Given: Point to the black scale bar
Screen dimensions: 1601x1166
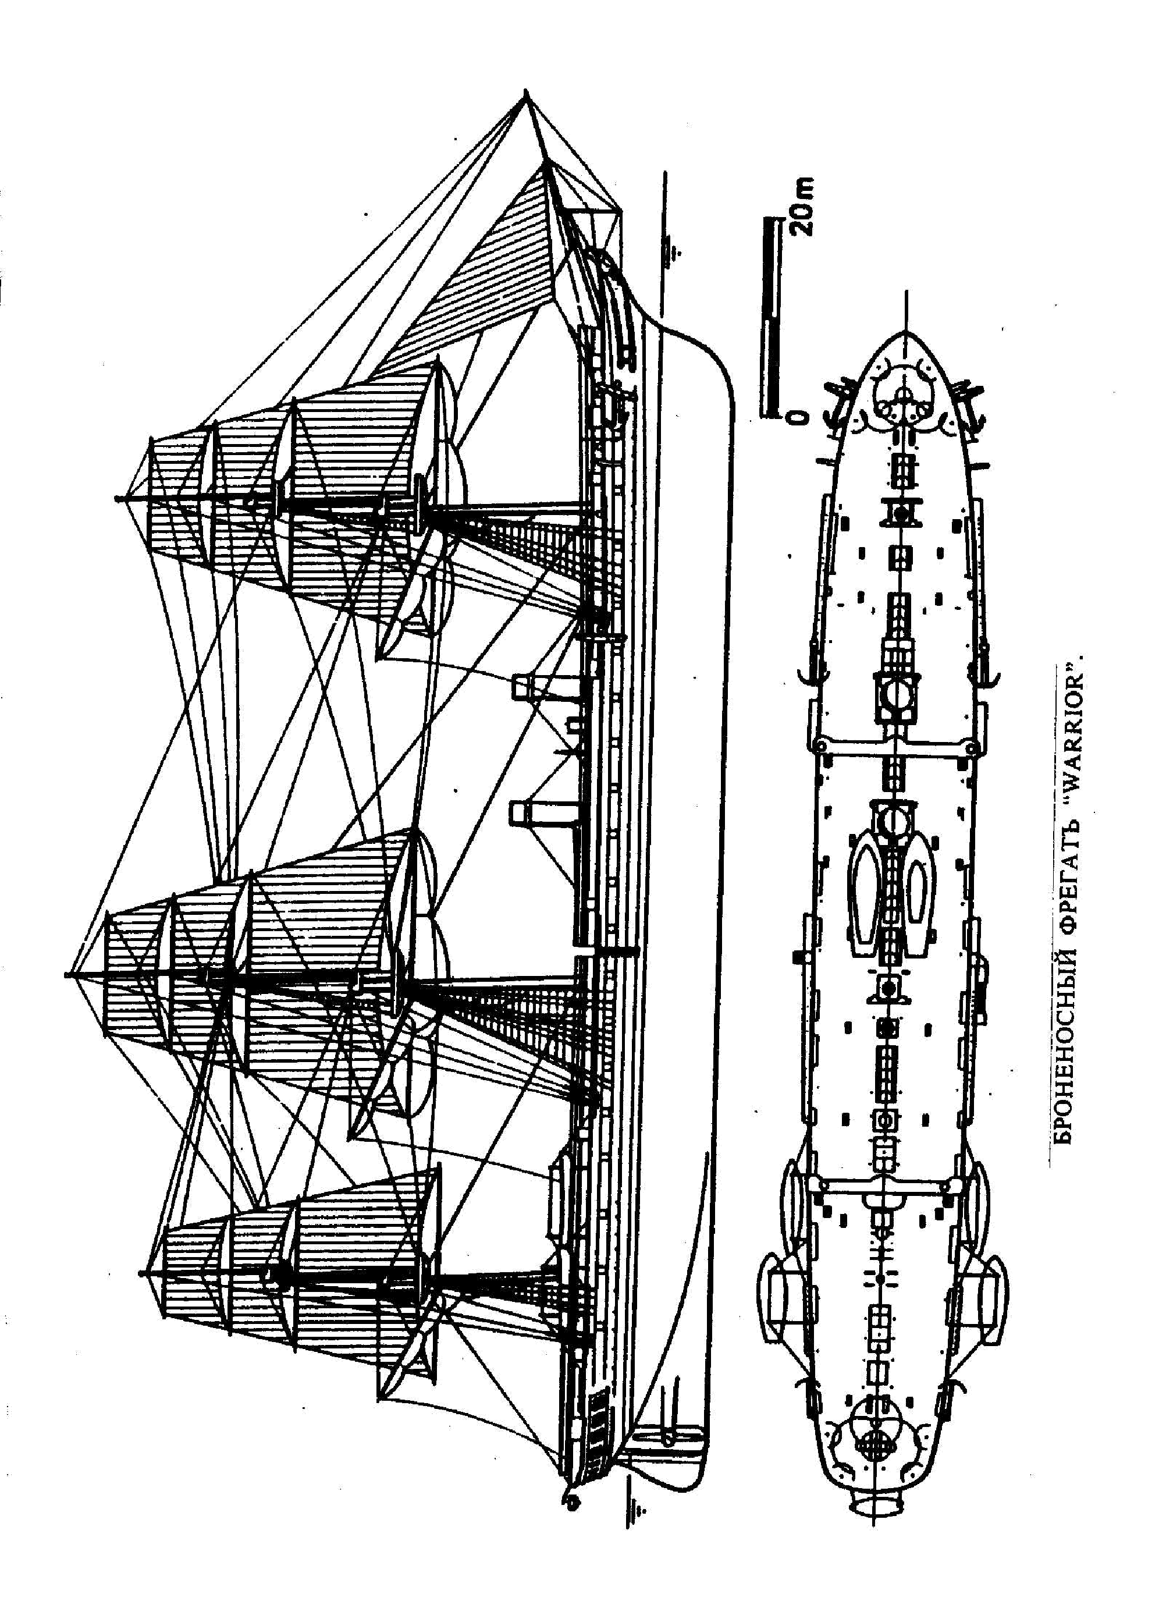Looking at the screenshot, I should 769,318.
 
